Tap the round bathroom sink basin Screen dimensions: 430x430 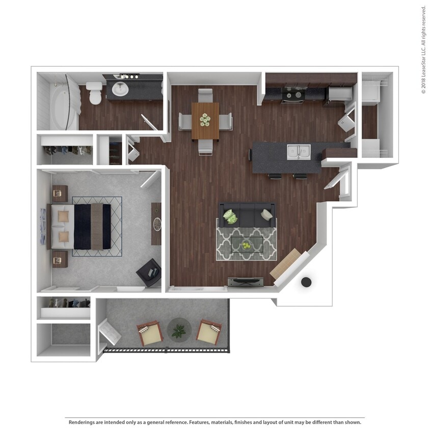pos(120,89)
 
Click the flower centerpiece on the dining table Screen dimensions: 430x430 pos(205,120)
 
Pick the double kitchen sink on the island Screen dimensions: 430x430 pos(299,151)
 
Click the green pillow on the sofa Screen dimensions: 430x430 pos(231,217)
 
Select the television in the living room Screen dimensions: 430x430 pos(246,281)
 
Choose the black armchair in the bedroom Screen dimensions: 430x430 pos(150,272)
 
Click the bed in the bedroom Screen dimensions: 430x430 pos(82,226)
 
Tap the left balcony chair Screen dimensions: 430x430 pos(149,333)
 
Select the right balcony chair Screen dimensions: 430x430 pos(209,332)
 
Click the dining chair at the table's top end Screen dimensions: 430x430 pos(205,95)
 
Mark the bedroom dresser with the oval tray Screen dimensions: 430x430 pos(156,224)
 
